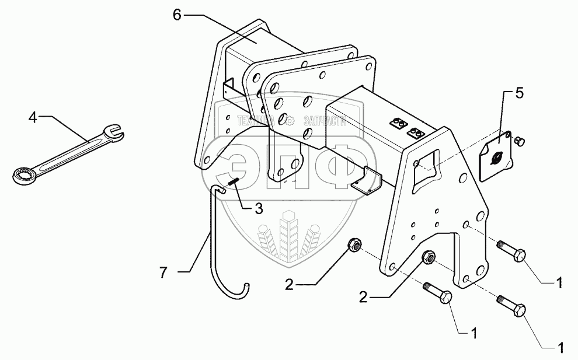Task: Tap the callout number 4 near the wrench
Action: click(33, 118)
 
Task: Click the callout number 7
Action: click(165, 272)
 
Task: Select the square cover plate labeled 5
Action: click(495, 155)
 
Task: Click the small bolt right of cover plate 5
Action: click(520, 139)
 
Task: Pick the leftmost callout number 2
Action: click(290, 285)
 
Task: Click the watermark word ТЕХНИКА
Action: click(256, 121)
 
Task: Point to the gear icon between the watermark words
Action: click(291, 121)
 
